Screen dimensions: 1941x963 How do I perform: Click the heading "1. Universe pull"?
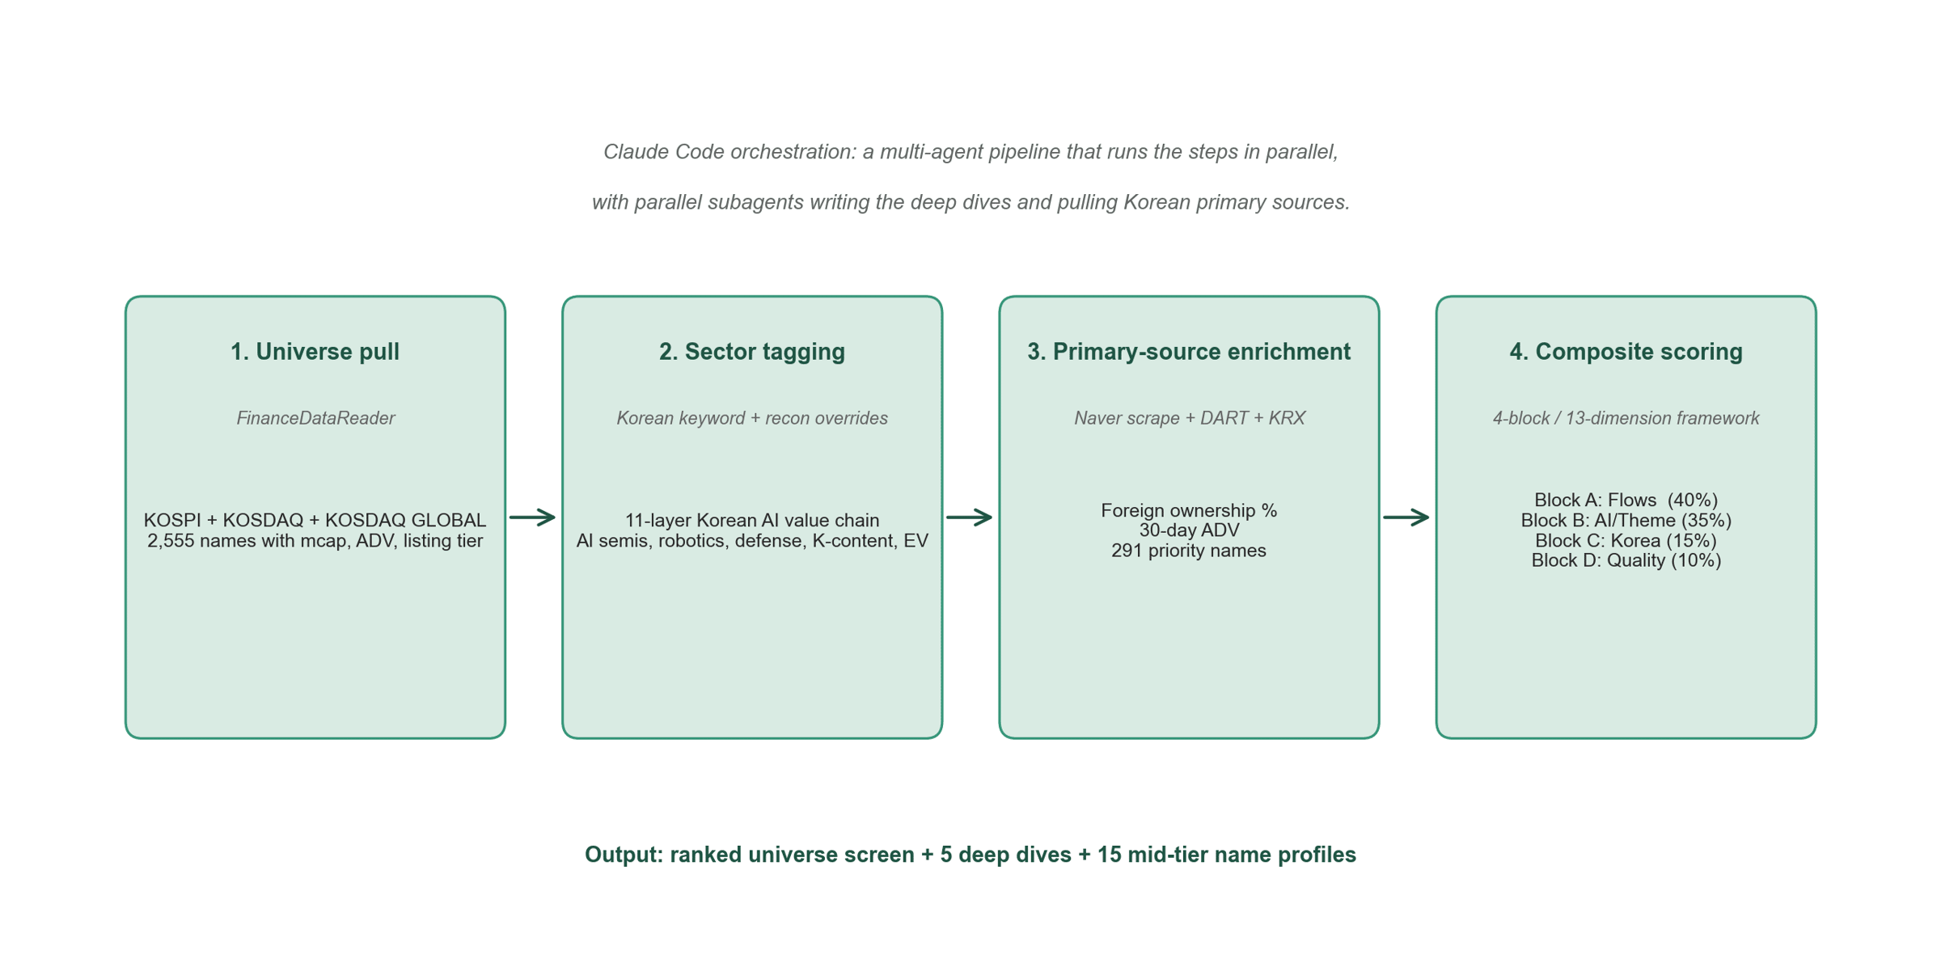[315, 352]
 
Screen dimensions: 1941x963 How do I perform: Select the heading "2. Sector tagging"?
[752, 352]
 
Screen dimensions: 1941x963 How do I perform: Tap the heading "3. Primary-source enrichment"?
[1189, 352]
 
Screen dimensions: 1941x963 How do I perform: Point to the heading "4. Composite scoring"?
[1626, 352]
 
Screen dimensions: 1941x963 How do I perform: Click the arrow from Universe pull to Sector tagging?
[533, 517]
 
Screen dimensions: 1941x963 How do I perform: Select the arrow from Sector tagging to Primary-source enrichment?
[970, 517]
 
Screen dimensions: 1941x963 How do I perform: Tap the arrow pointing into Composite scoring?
[1406, 517]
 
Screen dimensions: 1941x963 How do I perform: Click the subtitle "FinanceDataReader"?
[315, 418]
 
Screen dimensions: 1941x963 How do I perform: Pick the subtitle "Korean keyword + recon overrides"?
[752, 418]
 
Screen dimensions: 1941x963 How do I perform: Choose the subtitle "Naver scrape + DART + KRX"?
[1190, 418]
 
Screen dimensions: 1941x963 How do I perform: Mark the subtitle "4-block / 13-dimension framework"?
[1626, 418]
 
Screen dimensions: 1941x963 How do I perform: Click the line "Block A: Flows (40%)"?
[1626, 501]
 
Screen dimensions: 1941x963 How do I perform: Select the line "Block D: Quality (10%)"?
[1626, 560]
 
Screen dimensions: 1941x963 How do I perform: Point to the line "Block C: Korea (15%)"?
[1626, 540]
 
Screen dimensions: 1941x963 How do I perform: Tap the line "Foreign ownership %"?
[1189, 510]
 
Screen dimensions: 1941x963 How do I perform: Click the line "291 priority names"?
[1189, 551]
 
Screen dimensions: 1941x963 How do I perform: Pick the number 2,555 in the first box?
[171, 541]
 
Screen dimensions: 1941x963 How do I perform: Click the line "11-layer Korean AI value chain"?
[752, 520]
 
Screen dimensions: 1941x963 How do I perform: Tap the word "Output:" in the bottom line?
[624, 855]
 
